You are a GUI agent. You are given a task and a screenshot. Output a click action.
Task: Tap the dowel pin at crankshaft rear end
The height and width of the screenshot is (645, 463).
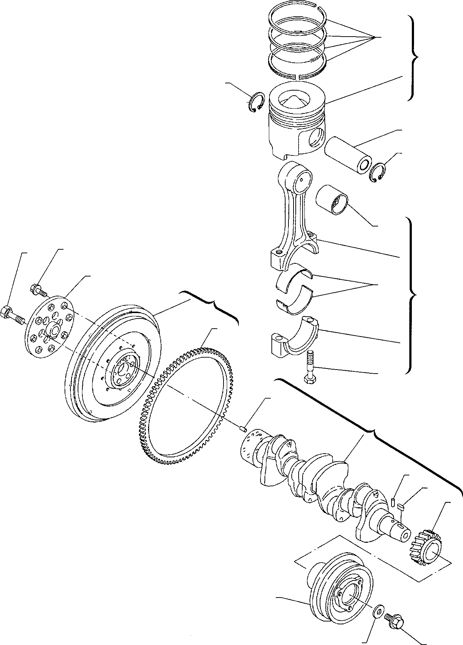[x=243, y=429]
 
